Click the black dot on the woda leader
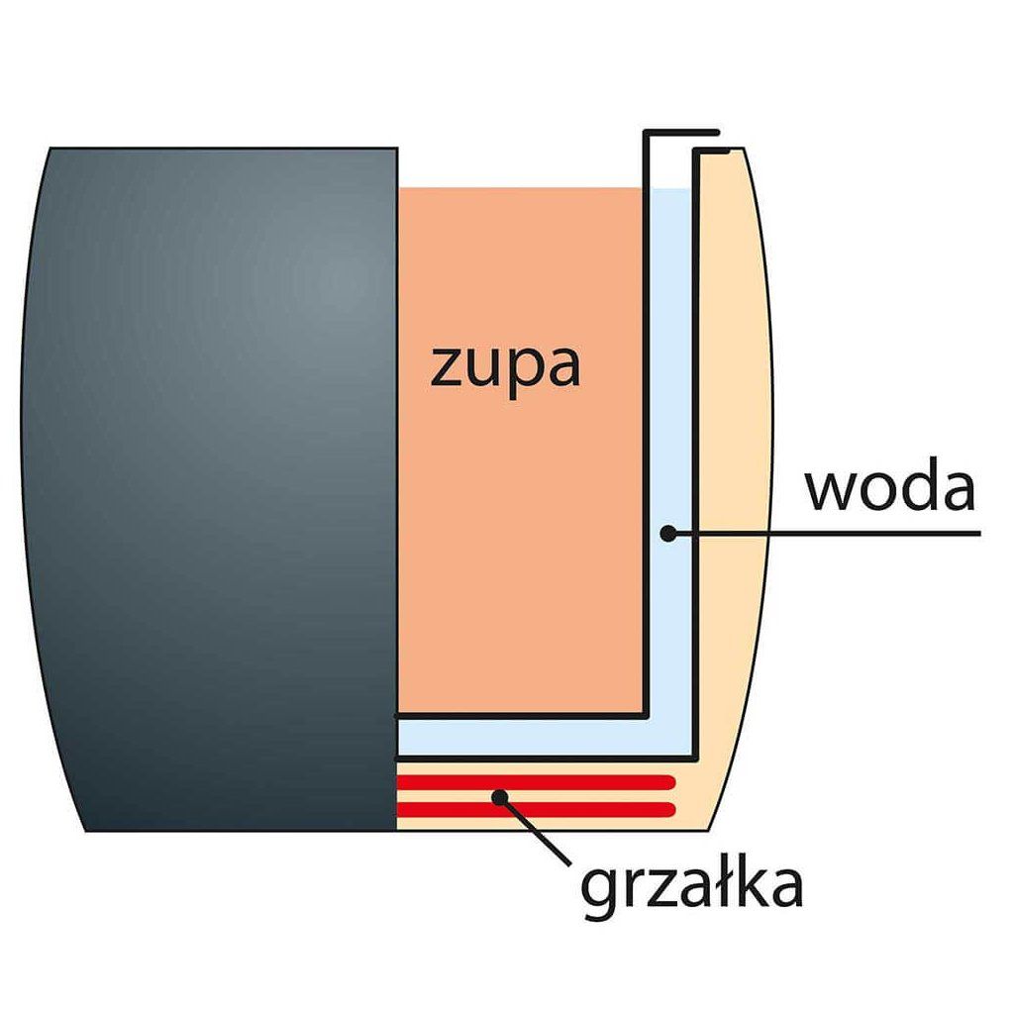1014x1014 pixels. click(x=668, y=534)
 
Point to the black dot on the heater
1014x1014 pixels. click(x=502, y=795)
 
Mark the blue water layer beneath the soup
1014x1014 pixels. click(x=525, y=736)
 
